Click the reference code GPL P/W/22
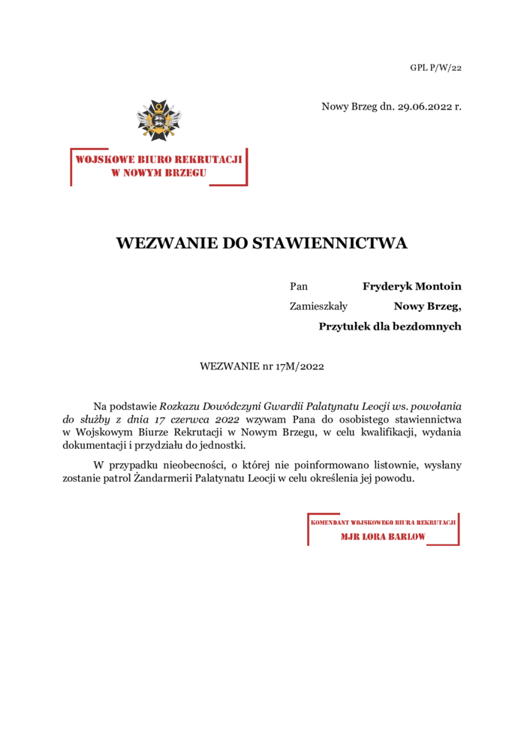point(435,68)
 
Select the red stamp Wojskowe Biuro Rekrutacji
point(158,166)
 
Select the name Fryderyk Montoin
point(411,286)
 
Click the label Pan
point(299,286)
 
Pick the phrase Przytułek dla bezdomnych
point(390,326)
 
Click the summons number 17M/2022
point(300,366)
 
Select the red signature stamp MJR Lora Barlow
point(383,529)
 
